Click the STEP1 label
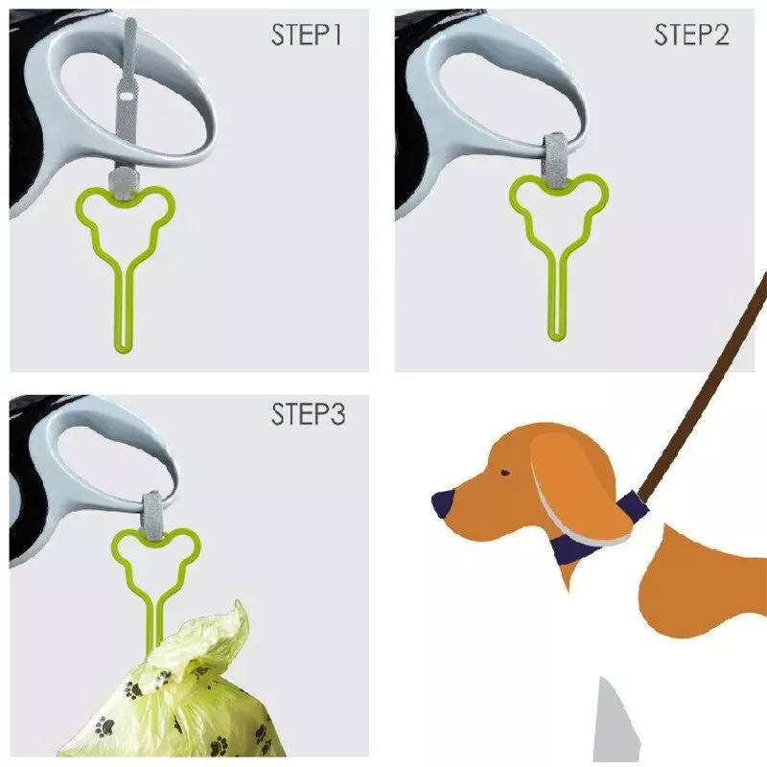point(306,35)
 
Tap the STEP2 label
point(691,35)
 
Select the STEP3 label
point(308,414)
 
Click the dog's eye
point(505,473)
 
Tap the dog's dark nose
point(443,504)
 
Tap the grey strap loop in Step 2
point(555,159)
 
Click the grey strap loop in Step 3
point(153,516)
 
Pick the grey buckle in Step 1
point(121,184)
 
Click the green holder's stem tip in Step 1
point(124,349)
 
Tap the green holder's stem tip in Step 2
point(555,337)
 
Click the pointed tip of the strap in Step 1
point(129,20)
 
